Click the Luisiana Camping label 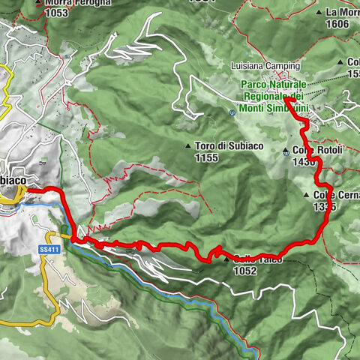point(266,66)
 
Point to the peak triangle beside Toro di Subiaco point(187,146)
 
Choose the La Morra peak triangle point(319,13)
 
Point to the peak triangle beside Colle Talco point(226,259)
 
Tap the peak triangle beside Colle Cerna point(306,195)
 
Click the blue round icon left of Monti point(232,110)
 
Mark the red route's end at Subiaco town point(28,190)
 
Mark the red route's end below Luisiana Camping point(286,97)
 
